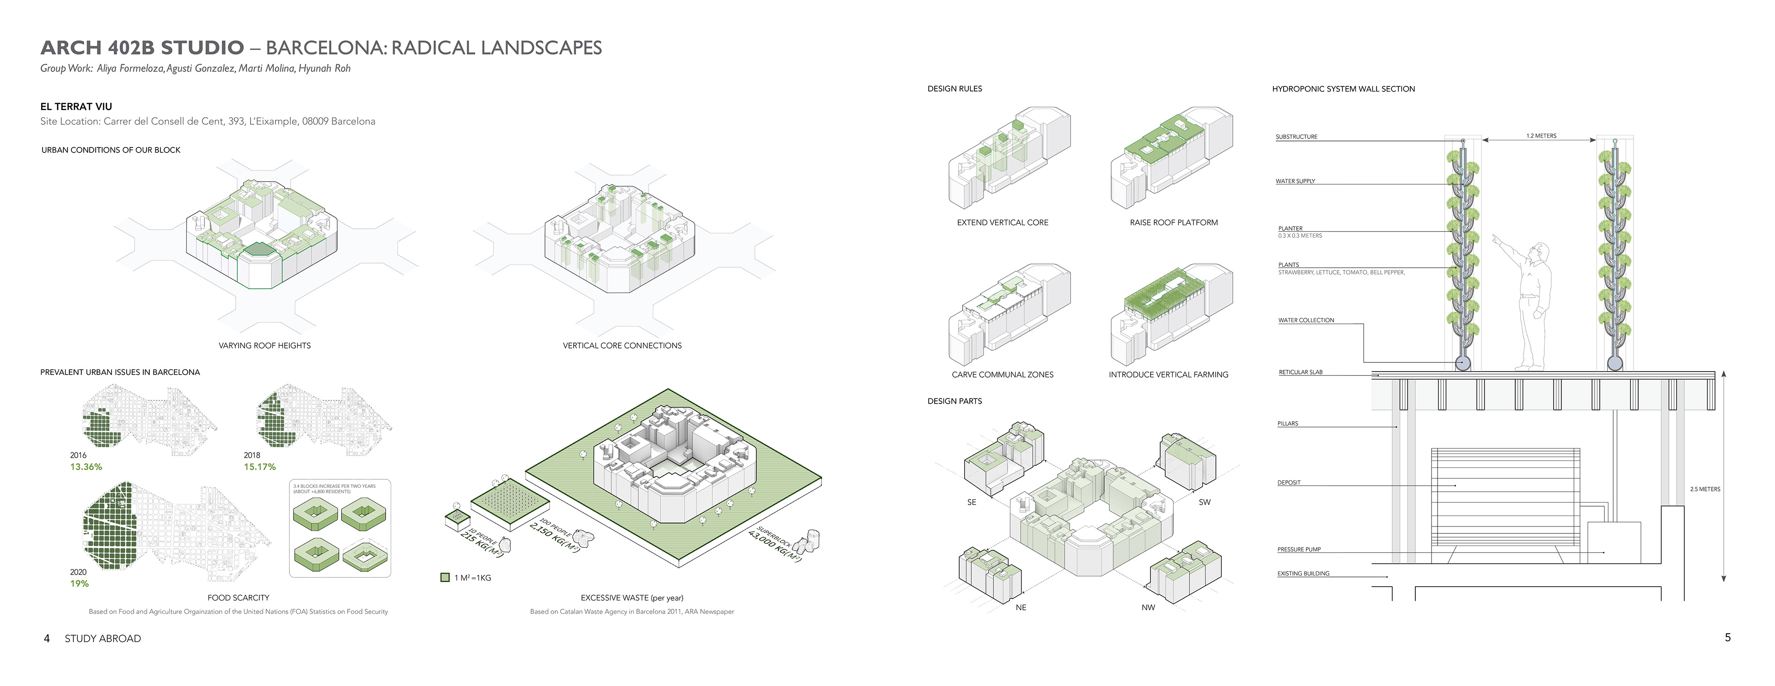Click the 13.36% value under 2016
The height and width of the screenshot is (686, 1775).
pos(86,467)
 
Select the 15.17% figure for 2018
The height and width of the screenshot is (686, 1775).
pos(260,467)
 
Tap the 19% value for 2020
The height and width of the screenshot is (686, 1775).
pos(79,584)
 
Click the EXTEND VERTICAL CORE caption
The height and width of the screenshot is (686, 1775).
pos(1003,222)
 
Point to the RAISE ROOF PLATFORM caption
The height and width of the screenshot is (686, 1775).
pos(1174,222)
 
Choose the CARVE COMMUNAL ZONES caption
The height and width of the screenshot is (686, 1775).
pos(1003,375)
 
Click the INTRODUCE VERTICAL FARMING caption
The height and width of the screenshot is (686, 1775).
pos(1168,375)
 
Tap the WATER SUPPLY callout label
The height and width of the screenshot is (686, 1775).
pos(1295,181)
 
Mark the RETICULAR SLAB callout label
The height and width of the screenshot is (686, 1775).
pos(1300,373)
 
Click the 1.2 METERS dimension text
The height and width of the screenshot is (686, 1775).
pos(1542,136)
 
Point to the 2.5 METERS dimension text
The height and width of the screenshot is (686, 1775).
pos(1705,489)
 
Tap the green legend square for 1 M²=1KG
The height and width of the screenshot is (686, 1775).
pos(445,578)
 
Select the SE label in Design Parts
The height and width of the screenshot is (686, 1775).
pos(972,502)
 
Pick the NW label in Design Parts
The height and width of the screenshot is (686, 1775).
pos(1148,607)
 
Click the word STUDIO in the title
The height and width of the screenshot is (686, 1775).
pos(202,48)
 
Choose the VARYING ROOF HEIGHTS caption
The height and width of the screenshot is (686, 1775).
pos(264,346)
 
